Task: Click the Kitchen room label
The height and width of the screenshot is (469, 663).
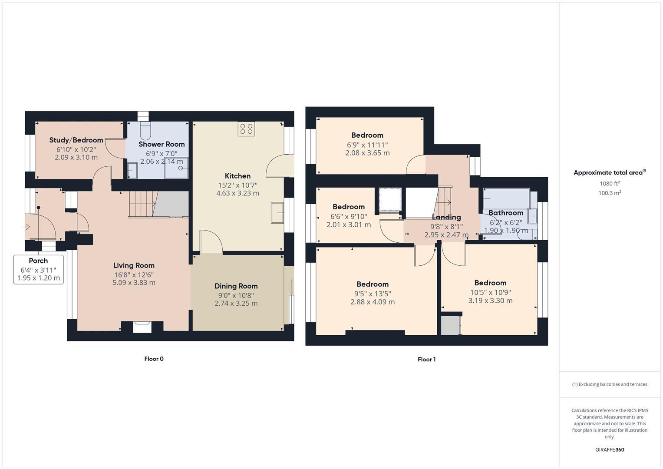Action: pyautogui.click(x=237, y=176)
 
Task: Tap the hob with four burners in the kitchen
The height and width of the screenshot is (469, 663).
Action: pyautogui.click(x=246, y=129)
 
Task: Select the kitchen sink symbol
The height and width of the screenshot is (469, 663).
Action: pyautogui.click(x=277, y=213)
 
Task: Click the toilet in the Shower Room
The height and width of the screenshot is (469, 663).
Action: pyautogui.click(x=145, y=129)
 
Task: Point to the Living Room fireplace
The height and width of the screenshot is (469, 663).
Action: pyautogui.click(x=142, y=327)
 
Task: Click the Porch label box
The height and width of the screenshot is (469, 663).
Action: pyautogui.click(x=39, y=269)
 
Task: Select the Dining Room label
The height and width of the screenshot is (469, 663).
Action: pyautogui.click(x=236, y=286)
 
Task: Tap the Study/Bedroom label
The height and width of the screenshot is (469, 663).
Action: pyautogui.click(x=76, y=140)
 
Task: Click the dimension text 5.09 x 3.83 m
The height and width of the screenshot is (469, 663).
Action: pyautogui.click(x=134, y=283)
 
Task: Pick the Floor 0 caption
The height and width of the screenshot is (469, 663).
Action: pyautogui.click(x=154, y=359)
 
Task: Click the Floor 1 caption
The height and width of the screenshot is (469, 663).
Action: pyautogui.click(x=426, y=359)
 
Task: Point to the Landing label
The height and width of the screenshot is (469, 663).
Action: pyautogui.click(x=446, y=217)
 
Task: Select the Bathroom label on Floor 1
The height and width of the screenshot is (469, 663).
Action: pyautogui.click(x=505, y=213)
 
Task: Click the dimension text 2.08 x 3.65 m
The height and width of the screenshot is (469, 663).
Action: pyautogui.click(x=367, y=153)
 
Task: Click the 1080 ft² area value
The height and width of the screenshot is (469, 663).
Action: pyautogui.click(x=610, y=183)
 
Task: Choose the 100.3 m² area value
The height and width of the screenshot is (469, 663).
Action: pyautogui.click(x=610, y=193)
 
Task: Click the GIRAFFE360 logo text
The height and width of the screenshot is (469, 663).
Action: pyautogui.click(x=610, y=449)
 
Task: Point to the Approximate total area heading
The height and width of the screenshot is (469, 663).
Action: pyautogui.click(x=609, y=172)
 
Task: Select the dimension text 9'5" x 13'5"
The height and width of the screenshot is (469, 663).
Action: pyautogui.click(x=373, y=293)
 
